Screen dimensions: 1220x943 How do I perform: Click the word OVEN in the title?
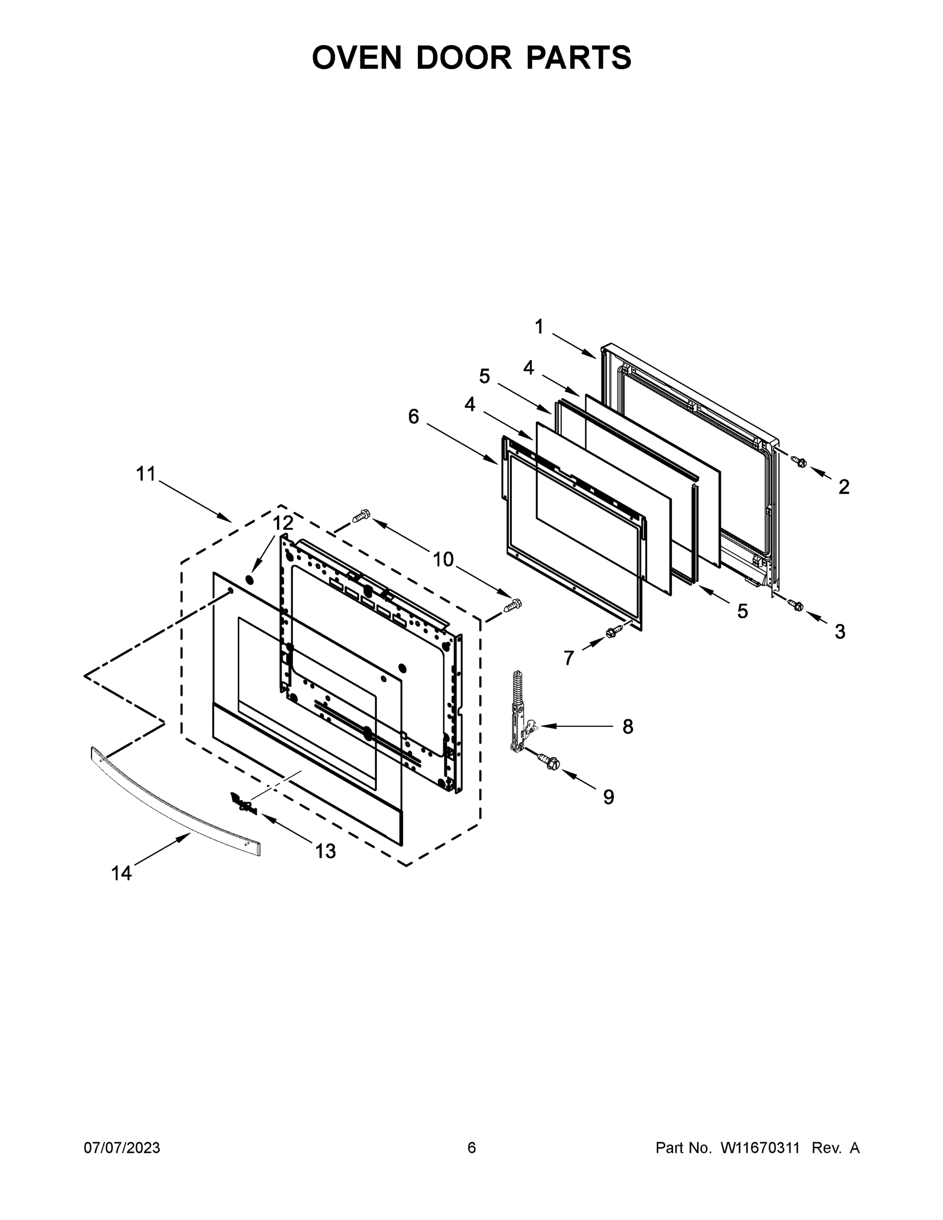[356, 57]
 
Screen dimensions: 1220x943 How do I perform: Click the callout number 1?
[539, 327]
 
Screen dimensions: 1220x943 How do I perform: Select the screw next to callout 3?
[796, 604]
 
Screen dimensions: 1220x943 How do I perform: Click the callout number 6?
[413, 416]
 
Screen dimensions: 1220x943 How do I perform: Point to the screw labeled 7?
[612, 633]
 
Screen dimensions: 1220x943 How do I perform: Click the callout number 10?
[443, 559]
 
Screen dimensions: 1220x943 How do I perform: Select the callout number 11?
[146, 474]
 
